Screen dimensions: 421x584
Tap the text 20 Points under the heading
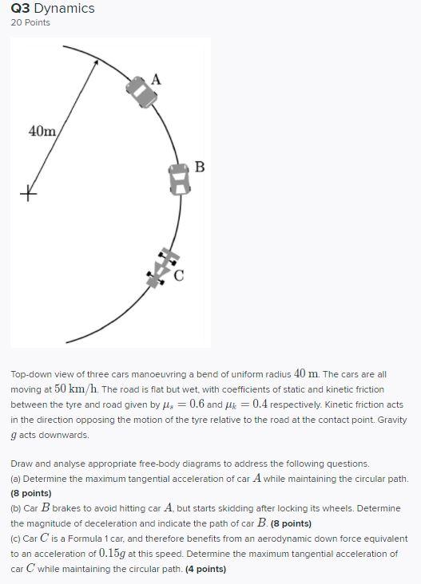pyautogui.click(x=30, y=22)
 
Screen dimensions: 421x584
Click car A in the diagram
pyautogui.click(x=141, y=91)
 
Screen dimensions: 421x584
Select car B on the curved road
pyautogui.click(x=180, y=180)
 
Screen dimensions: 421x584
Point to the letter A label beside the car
pyautogui.click(x=156, y=79)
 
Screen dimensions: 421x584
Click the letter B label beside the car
pyautogui.click(x=200, y=167)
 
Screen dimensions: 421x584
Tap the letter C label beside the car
pyautogui.click(x=179, y=276)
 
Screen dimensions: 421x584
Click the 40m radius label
pyautogui.click(x=42, y=131)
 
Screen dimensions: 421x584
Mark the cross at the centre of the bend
pyautogui.click(x=29, y=193)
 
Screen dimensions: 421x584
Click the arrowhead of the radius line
pyautogui.click(x=96, y=63)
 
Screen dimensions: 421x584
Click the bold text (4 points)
pyautogui.click(x=205, y=569)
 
